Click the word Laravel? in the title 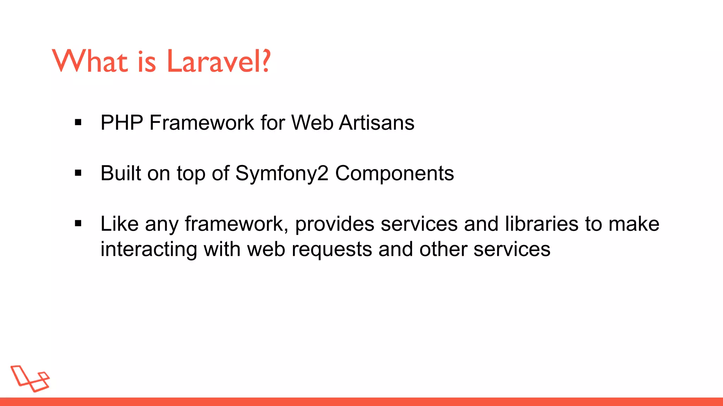point(218,62)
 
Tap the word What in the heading point(90,62)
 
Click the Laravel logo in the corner point(30,379)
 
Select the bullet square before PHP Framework point(78,123)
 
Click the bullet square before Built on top point(78,173)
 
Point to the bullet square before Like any point(78,223)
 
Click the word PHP point(122,123)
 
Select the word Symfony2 point(282,174)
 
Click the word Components point(394,174)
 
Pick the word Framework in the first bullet point(202,123)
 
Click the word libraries point(542,224)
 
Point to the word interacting point(149,250)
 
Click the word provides point(334,224)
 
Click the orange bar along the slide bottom point(361,401)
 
